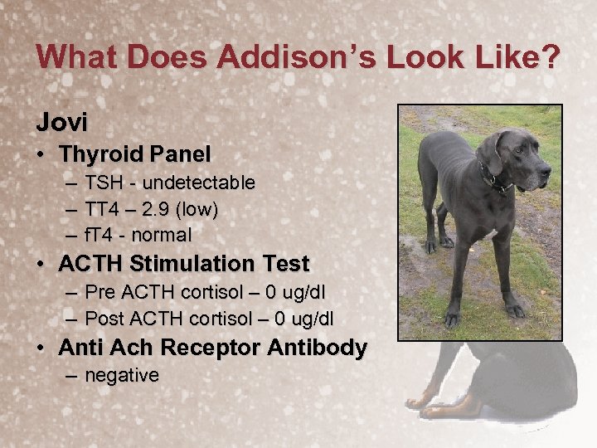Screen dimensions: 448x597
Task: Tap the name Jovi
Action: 61,122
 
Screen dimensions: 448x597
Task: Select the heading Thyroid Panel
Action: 134,154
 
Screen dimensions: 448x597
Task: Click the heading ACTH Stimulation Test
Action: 183,265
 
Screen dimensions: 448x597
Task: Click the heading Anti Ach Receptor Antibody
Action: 212,348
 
